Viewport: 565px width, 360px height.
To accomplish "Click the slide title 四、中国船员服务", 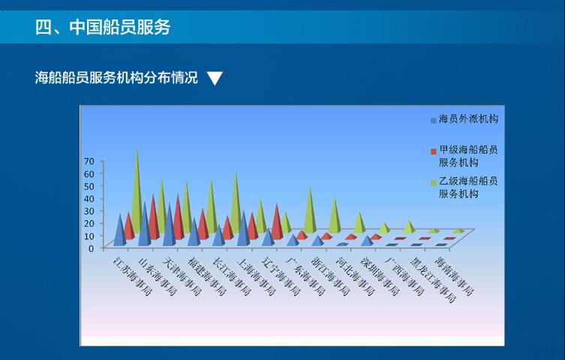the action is coord(103,27).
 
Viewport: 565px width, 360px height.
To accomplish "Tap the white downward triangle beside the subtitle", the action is coord(215,78).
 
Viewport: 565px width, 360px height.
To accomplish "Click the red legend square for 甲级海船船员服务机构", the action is coord(434,151).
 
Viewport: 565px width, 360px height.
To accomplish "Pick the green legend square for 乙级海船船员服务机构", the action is coord(434,182).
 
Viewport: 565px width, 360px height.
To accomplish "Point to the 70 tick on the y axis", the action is coord(89,161).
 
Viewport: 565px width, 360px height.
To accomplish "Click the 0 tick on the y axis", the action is coord(91,248).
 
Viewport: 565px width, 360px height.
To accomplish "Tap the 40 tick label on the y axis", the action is coord(89,198).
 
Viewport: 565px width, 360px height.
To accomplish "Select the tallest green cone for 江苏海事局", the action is coord(137,190).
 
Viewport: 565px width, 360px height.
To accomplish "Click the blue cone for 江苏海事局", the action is coord(120,229).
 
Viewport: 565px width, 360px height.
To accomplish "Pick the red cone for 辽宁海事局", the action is coord(277,222).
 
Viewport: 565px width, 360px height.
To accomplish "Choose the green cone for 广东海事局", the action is coord(310,209).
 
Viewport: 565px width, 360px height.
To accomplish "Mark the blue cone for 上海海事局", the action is coord(244,228).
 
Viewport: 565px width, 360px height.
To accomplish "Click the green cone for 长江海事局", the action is coord(236,202).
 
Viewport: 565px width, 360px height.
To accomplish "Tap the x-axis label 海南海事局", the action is coord(455,276).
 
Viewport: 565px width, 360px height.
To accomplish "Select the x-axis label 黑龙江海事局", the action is coord(433,280).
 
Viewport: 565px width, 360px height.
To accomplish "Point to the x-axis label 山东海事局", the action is coord(158,277).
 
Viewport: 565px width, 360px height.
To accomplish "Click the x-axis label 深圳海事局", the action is coord(380,277).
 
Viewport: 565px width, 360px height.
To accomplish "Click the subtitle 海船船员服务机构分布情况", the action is coord(116,78).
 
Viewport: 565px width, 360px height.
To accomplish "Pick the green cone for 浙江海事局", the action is coord(335,215).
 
